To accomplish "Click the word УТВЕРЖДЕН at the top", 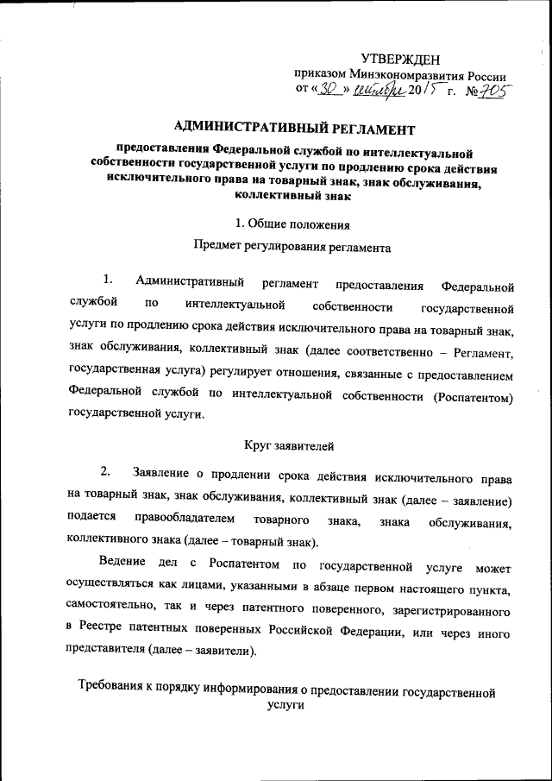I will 399,59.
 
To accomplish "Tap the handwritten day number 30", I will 331,89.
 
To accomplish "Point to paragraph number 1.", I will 107,280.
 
